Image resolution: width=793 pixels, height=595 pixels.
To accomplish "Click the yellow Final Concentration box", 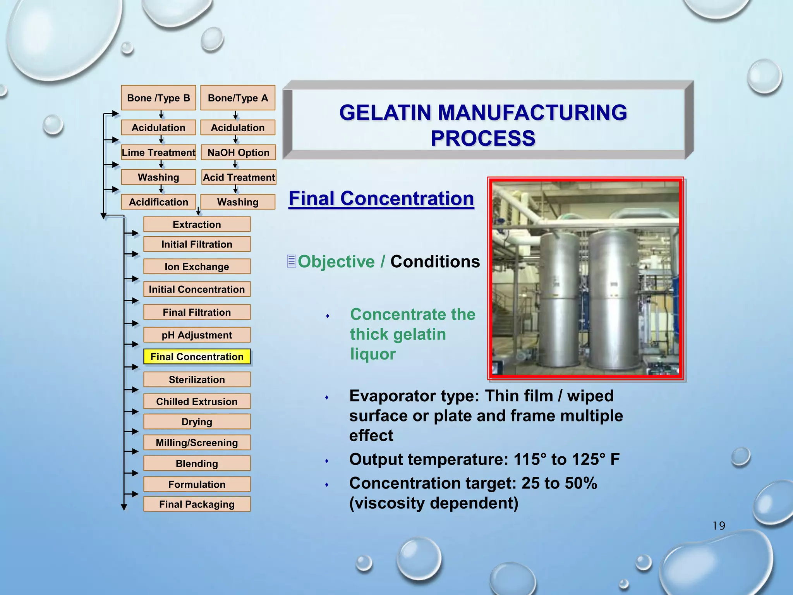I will coord(197,357).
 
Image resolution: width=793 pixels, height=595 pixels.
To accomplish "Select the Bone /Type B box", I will coord(158,98).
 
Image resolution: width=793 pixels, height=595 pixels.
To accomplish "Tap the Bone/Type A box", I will coord(238,98).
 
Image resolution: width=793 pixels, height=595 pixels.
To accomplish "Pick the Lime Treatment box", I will coord(158,153).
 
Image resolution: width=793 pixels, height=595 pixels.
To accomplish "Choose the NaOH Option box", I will coord(238,153).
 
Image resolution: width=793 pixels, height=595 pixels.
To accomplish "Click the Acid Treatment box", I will coord(239,177).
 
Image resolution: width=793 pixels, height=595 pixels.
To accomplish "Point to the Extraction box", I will coord(197,225).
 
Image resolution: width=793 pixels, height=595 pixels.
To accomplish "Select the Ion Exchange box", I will coord(197,267).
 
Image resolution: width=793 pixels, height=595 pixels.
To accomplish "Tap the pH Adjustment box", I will coord(197,335).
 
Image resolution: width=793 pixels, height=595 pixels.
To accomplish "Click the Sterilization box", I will coord(197,380).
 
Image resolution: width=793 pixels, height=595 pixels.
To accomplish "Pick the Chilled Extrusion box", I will coord(197,402).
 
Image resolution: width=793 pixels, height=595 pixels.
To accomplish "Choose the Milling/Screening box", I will coord(197,443).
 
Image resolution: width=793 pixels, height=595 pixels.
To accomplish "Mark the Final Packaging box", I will coord(197,504).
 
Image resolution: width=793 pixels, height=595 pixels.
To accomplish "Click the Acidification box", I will coord(158,202).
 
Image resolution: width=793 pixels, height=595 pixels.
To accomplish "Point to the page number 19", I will coord(719,526).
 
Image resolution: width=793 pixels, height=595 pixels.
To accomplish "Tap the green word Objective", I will coord(336,262).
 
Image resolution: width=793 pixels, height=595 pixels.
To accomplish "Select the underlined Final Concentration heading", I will coord(381,199).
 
